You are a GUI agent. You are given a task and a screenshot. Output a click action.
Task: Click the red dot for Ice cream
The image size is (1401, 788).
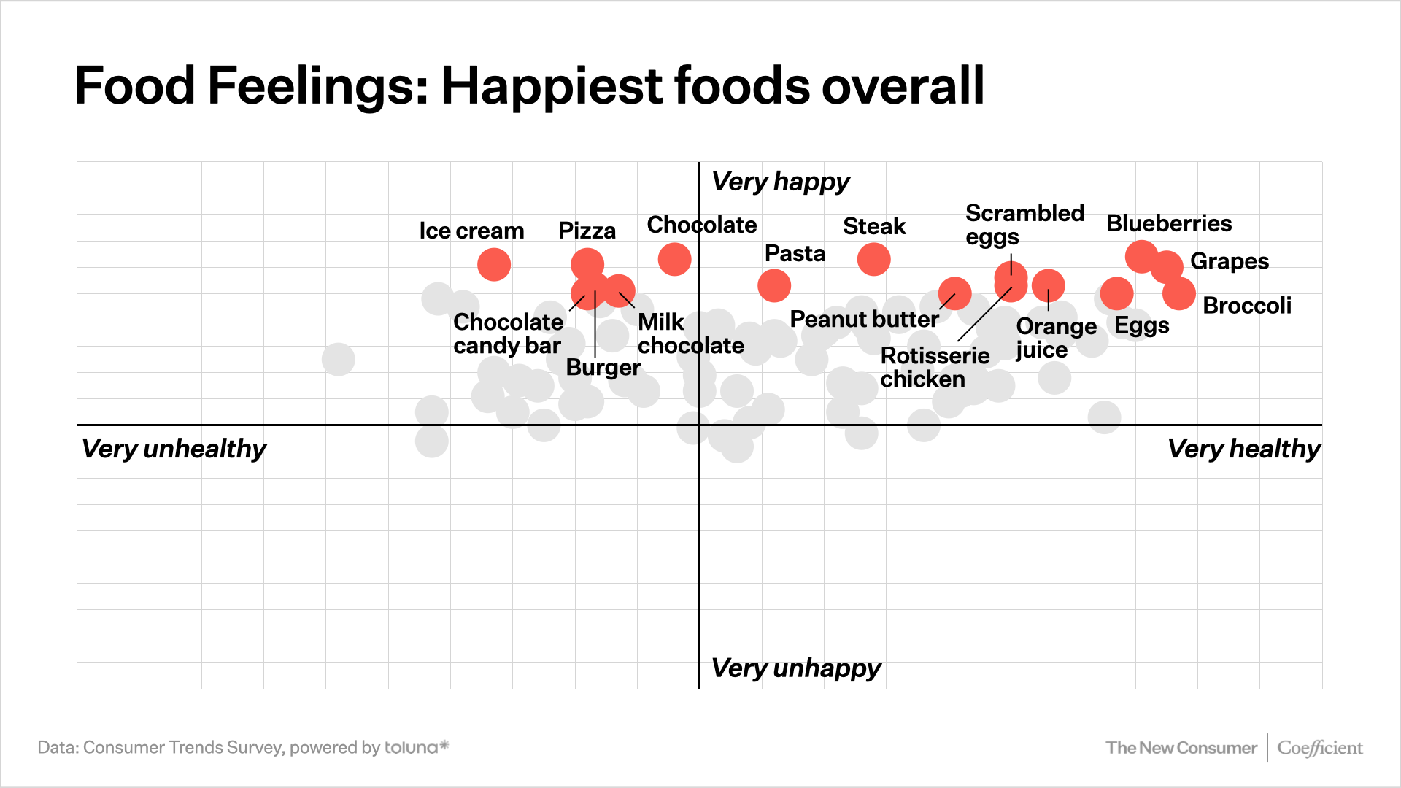494,265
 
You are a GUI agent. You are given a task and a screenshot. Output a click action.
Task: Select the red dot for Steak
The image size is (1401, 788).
873,259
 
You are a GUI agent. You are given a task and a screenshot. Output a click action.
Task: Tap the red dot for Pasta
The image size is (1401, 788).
774,285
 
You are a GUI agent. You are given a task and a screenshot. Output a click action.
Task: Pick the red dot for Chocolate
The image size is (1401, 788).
674,259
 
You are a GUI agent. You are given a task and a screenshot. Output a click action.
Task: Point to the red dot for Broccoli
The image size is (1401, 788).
1179,294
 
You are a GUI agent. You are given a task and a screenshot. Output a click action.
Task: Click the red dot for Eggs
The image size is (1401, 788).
1116,294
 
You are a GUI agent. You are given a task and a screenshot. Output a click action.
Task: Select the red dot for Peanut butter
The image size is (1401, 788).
954,294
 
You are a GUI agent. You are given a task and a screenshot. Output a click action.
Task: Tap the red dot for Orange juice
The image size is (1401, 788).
1049,285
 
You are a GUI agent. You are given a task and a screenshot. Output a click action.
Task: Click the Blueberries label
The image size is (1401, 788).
1169,223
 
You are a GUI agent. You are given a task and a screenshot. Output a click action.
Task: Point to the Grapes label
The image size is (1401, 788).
1230,261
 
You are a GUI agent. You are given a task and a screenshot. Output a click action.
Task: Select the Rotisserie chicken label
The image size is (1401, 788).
935,367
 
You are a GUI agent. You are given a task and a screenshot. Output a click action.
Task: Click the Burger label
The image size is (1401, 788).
603,367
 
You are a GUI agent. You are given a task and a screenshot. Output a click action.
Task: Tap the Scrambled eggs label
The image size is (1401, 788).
1024,225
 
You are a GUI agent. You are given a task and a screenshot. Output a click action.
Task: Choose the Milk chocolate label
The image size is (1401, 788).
690,333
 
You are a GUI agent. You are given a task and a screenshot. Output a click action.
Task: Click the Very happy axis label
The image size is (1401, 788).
781,181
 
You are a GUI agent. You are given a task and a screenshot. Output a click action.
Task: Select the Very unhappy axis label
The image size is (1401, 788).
796,668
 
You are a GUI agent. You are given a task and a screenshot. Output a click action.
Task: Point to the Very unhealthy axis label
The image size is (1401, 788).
174,449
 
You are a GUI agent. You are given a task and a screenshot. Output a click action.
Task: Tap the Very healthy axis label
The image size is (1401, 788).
1243,449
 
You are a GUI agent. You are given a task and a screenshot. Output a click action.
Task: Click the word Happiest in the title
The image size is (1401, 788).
552,86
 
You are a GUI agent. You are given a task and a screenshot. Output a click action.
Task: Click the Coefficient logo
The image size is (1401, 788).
1319,748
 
